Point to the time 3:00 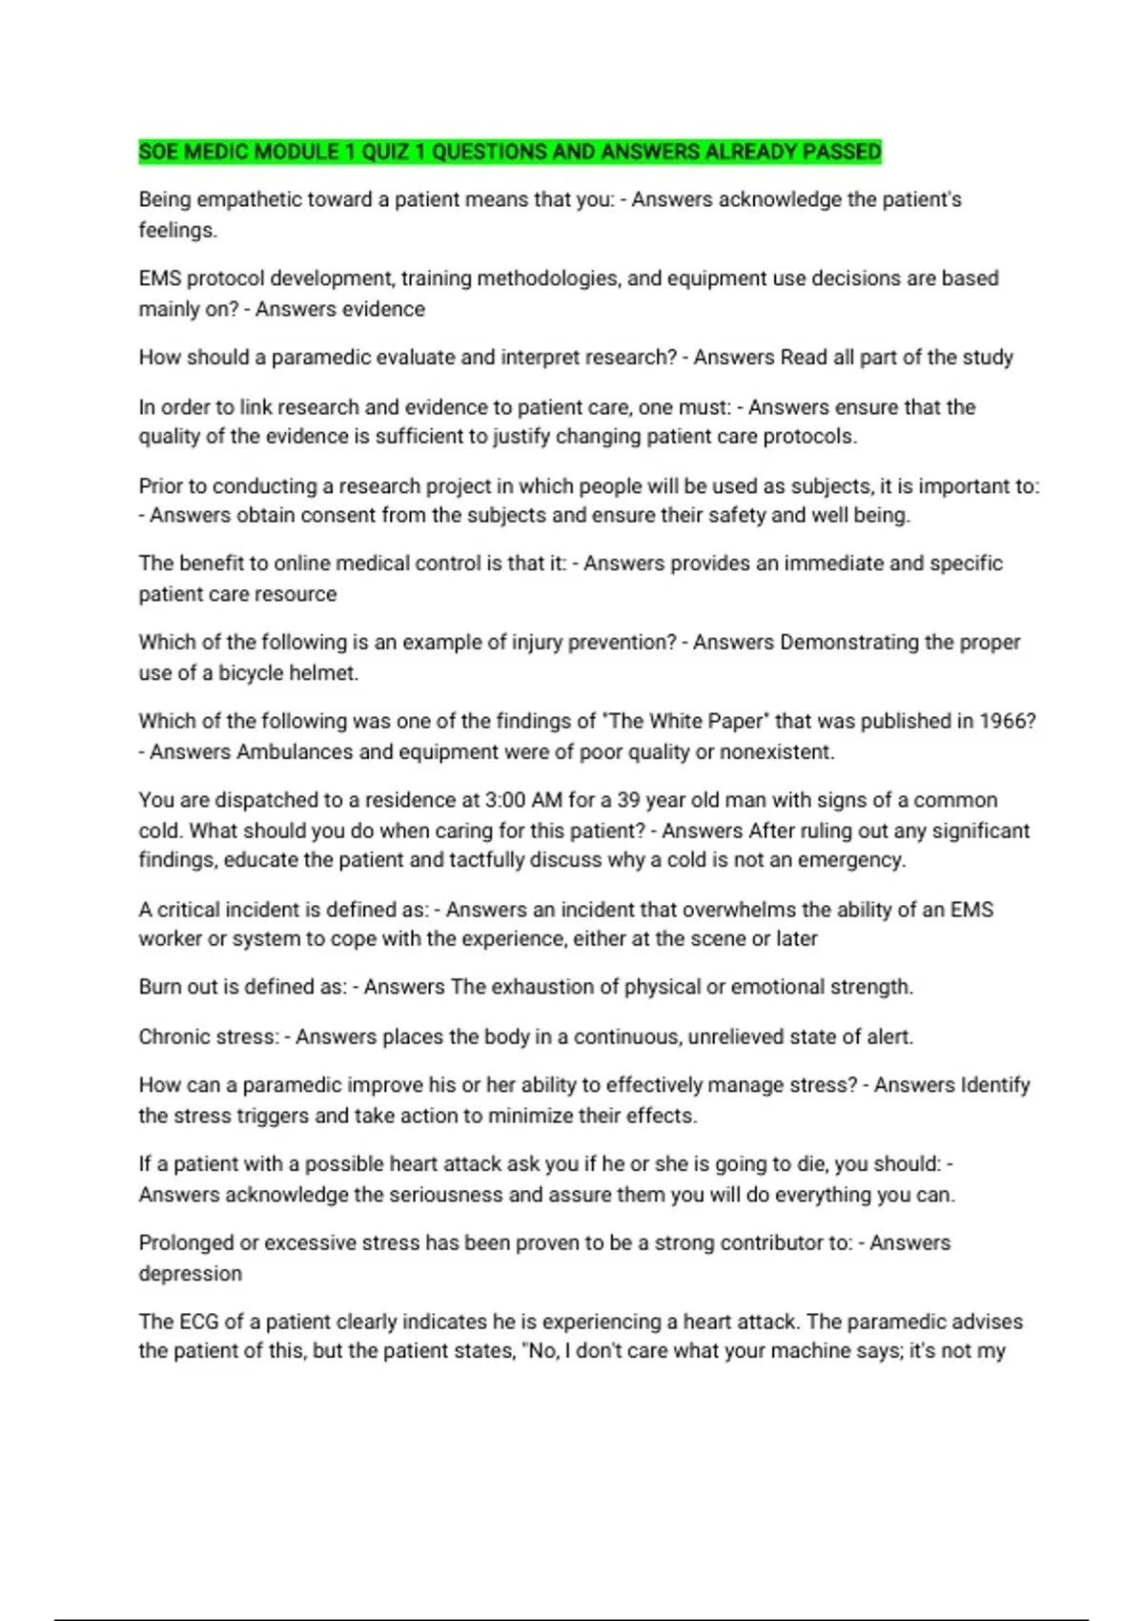point(505,800)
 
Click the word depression point(191,1274)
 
